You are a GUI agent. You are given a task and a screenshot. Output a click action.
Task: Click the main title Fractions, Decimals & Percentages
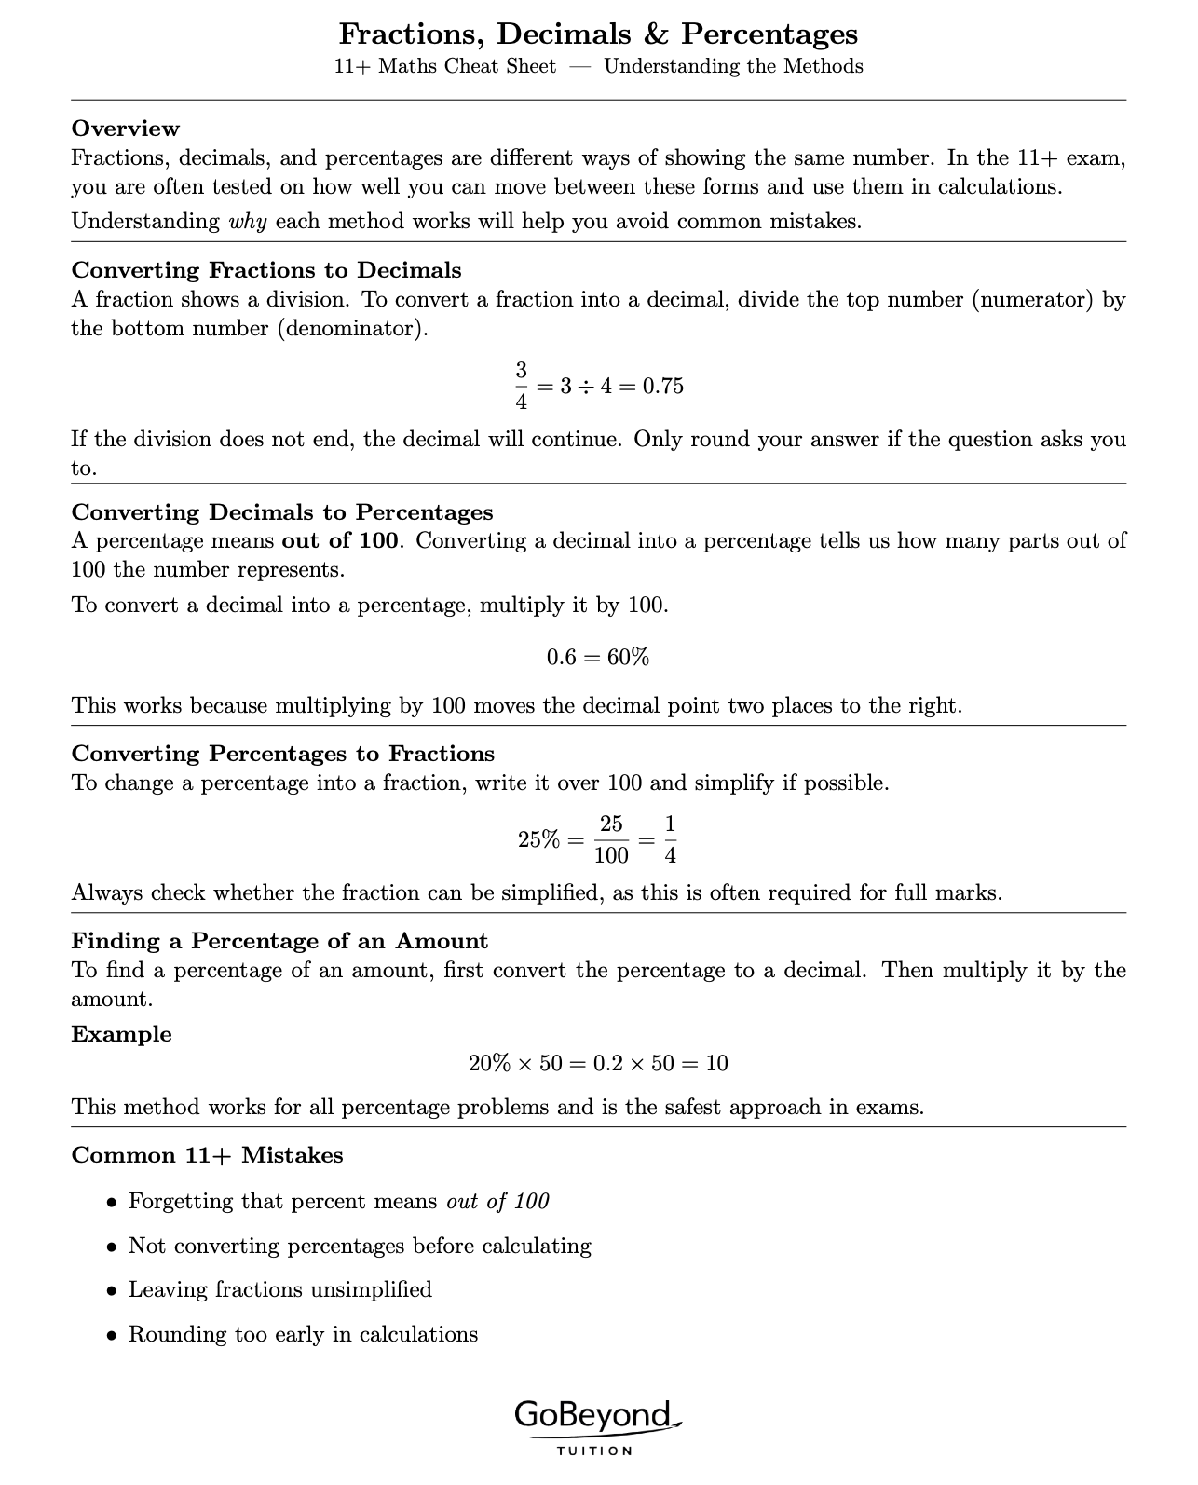tap(598, 34)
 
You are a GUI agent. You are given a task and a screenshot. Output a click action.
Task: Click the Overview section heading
tap(126, 129)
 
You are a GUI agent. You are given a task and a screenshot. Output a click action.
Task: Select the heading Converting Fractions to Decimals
tap(266, 270)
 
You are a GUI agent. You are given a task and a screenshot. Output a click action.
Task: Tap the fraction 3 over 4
tap(521, 386)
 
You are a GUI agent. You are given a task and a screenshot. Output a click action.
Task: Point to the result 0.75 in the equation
tap(663, 387)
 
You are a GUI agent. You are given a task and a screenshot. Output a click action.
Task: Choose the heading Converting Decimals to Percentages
tap(282, 512)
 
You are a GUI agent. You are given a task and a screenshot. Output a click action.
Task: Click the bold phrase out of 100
tap(340, 541)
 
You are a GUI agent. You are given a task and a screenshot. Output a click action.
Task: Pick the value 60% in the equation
tap(628, 658)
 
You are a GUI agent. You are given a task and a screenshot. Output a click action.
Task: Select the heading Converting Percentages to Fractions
tap(283, 754)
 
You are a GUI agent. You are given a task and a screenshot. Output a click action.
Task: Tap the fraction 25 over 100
tap(611, 839)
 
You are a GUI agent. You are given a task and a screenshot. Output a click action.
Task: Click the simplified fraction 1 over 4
tap(670, 839)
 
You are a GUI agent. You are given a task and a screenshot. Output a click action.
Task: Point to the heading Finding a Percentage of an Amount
tap(279, 941)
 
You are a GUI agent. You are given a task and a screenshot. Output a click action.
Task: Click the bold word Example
tap(122, 1034)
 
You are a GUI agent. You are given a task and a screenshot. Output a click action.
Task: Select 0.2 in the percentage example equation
tap(608, 1064)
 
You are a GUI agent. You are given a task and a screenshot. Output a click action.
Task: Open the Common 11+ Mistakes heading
tap(207, 1155)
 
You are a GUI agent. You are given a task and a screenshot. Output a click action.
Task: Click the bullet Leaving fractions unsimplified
tap(279, 1290)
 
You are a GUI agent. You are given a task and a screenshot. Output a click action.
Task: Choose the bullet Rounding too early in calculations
tap(303, 1335)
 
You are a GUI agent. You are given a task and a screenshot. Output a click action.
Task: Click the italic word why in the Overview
tap(248, 222)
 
